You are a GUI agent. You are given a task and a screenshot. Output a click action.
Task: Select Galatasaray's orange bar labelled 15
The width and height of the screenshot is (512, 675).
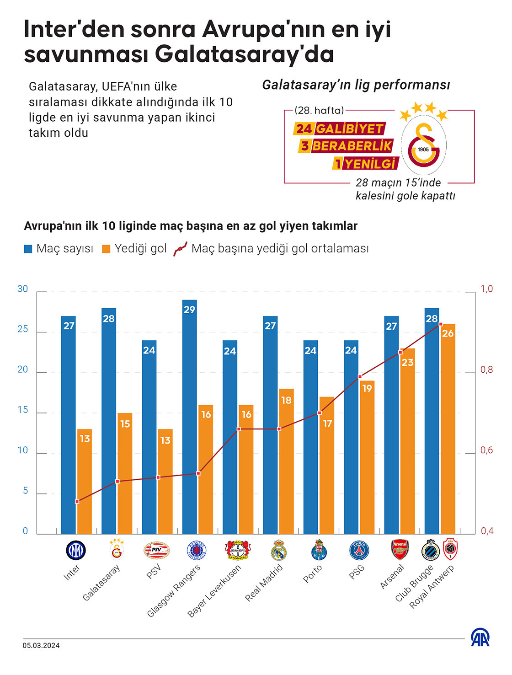tap(125, 473)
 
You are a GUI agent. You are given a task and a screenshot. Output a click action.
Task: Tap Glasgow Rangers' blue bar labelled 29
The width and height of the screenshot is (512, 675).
tap(189, 417)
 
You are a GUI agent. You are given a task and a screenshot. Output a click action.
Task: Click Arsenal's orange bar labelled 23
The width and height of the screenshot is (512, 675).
tap(407, 441)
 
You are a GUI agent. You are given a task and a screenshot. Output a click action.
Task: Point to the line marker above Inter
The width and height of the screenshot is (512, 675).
tap(77, 502)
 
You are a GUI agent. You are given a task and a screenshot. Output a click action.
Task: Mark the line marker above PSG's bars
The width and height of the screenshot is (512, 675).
tap(360, 377)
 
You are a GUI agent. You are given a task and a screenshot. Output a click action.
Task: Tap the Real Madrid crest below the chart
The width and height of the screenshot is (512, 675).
tap(278, 550)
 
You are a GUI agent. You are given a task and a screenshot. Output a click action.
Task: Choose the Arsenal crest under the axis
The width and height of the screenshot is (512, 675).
tap(400, 550)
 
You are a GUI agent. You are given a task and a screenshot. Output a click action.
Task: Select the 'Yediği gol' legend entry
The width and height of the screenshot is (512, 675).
tap(134, 249)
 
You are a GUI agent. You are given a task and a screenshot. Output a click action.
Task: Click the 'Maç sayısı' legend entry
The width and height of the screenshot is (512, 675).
tap(59, 249)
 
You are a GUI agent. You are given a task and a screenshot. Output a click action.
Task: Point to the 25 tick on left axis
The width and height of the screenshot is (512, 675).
tap(23, 329)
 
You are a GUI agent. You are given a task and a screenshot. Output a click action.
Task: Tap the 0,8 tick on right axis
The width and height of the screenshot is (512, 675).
tap(487, 370)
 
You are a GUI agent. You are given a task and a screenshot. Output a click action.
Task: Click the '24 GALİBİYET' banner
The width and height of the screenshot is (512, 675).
tap(340, 129)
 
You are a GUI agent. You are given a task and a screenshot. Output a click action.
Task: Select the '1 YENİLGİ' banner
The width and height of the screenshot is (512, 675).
tap(366, 163)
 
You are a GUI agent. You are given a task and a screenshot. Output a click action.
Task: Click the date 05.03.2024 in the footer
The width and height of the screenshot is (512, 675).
tap(41, 646)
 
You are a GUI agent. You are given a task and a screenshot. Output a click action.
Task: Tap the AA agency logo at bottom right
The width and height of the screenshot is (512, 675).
tap(480, 637)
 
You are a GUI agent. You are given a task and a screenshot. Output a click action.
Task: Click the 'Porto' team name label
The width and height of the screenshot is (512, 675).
tap(313, 573)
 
